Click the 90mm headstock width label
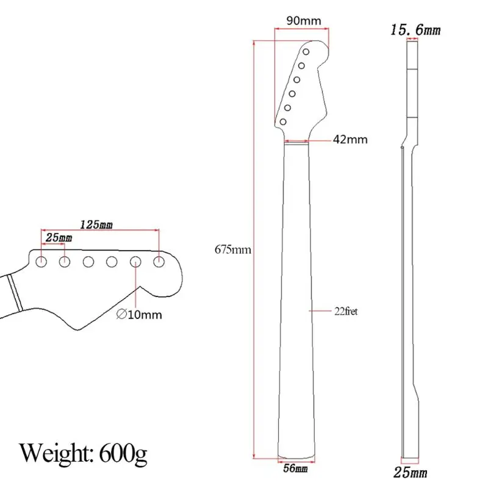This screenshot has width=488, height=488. (303, 21)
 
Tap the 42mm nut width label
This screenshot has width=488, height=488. (350, 140)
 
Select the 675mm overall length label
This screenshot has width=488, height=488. (232, 249)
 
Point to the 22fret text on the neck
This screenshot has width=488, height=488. (346, 311)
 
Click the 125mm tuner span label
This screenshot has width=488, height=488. (96, 225)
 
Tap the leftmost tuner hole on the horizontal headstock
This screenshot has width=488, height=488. (41, 262)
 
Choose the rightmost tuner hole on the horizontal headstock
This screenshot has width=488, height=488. (159, 262)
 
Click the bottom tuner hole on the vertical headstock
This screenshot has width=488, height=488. (283, 122)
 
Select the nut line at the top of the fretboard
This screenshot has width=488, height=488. (296, 142)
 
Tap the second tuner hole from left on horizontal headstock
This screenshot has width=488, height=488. (64, 262)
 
